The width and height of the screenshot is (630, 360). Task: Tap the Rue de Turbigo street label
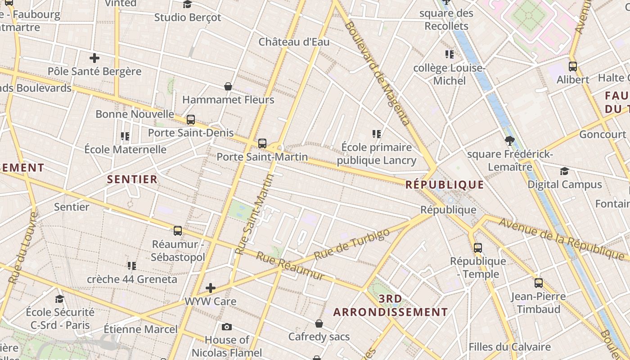[351, 244]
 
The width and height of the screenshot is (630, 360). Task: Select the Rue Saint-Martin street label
[255, 215]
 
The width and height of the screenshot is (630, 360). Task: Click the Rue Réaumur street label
[290, 265]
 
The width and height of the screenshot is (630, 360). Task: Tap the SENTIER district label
[132, 179]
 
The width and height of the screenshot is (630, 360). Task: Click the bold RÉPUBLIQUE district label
[445, 184]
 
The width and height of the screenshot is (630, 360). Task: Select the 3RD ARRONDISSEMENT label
[391, 306]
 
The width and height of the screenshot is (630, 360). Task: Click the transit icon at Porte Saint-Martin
[262, 144]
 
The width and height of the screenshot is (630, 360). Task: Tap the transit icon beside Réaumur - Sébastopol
[178, 231]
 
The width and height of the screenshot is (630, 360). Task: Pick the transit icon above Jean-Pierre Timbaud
[539, 283]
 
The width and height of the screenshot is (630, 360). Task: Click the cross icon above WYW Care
[210, 288]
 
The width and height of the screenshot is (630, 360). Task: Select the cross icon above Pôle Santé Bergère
[94, 58]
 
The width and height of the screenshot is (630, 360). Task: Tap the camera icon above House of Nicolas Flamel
[227, 327]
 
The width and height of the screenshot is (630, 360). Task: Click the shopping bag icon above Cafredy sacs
[319, 324]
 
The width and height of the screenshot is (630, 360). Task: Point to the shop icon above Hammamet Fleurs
[228, 86]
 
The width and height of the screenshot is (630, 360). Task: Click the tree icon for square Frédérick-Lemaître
[510, 141]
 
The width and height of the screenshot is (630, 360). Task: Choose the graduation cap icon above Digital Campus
[564, 171]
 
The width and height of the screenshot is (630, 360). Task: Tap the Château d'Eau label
[294, 42]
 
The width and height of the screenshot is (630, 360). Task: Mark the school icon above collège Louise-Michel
[449, 54]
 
